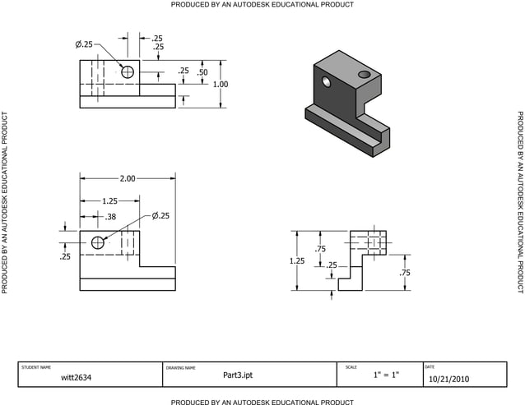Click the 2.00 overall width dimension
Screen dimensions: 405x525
[x=128, y=178]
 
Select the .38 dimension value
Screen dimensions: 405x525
[x=110, y=217]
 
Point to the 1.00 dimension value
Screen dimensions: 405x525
[x=221, y=84]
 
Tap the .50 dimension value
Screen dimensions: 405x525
[x=202, y=72]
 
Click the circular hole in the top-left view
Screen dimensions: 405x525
[x=128, y=72]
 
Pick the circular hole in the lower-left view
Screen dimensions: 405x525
[x=99, y=242]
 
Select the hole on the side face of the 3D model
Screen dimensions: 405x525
[x=328, y=83]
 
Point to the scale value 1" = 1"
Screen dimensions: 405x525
[x=386, y=375]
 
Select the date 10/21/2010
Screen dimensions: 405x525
[x=450, y=379]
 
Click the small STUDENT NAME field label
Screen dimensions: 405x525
[x=36, y=366]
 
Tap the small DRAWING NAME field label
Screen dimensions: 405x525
[x=181, y=367]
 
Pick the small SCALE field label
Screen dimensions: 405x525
[x=351, y=366]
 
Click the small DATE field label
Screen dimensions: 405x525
[x=430, y=366]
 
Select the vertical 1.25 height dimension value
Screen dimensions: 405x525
[x=297, y=260]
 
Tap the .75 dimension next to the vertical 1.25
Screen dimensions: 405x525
[x=320, y=249]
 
